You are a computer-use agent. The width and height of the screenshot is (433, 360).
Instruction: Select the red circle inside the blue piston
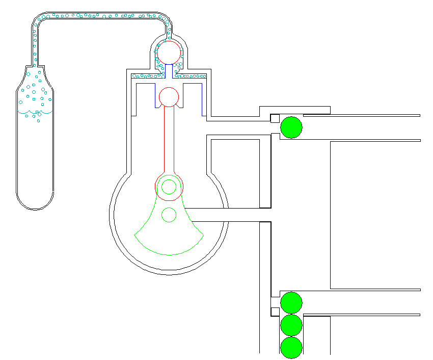(x=169, y=96)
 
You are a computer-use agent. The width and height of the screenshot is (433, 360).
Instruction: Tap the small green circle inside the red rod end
(x=169, y=187)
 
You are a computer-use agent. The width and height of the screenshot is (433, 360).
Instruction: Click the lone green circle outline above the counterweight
(x=169, y=215)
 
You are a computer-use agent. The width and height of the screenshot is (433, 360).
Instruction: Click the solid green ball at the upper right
(x=291, y=127)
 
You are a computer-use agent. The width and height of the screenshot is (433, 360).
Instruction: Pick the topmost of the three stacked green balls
(x=291, y=302)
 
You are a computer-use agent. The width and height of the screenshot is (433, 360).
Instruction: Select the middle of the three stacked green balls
(x=291, y=325)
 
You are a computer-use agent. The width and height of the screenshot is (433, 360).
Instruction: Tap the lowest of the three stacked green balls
(x=291, y=347)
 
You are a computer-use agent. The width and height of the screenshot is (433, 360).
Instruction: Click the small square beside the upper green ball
(x=275, y=119)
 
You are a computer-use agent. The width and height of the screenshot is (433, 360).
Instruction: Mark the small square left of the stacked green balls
(x=275, y=312)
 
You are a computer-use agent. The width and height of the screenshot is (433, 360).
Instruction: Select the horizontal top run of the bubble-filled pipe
(x=102, y=16)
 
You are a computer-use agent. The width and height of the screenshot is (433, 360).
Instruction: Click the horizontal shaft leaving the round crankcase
(x=224, y=215)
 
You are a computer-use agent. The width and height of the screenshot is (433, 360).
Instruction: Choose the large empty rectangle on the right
(x=375, y=214)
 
